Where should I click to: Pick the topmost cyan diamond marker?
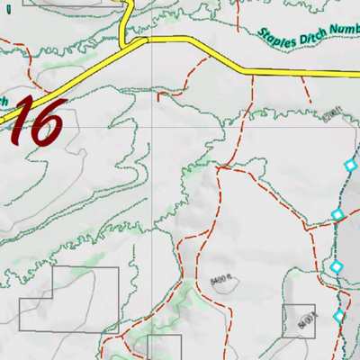click(x=349, y=165)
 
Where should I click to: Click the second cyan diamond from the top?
click(x=337, y=214)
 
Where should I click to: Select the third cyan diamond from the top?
click(x=336, y=266)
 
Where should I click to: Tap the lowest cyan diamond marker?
click(x=339, y=316)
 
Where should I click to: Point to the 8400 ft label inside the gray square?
click(x=307, y=317)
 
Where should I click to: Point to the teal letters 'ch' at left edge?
click(x=4, y=101)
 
